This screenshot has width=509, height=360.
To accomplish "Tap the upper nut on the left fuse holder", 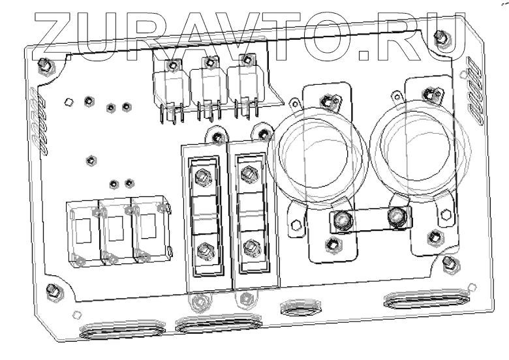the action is click(x=202, y=175).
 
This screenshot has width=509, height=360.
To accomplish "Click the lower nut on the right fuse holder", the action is click(x=249, y=248).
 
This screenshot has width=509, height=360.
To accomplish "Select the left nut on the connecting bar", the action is click(x=339, y=222).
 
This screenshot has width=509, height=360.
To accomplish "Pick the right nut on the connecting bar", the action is click(x=395, y=217).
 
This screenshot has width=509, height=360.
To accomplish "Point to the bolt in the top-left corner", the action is click(x=44, y=63).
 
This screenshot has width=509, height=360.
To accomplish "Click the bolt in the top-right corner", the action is click(x=441, y=38).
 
